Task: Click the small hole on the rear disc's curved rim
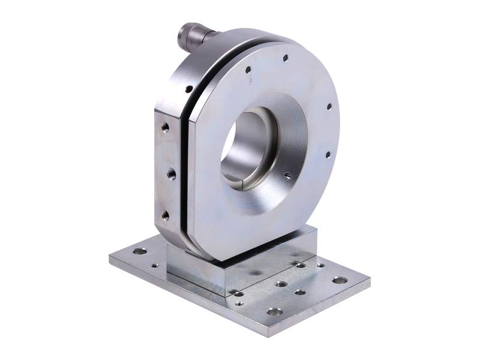click(x=188, y=89)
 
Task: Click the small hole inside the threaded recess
click(x=287, y=176)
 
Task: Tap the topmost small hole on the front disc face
click(x=285, y=58)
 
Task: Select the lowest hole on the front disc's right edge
click(x=328, y=155)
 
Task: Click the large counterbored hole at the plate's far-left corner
click(x=139, y=251)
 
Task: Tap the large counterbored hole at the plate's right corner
click(x=340, y=280)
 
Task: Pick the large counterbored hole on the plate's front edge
click(x=274, y=311)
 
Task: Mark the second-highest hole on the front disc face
click(x=248, y=70)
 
